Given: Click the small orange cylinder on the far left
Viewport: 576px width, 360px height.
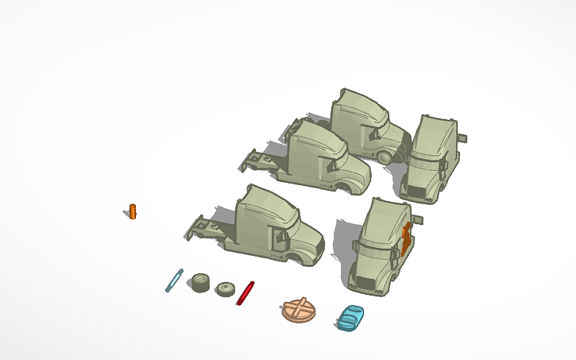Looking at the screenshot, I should [x=133, y=211].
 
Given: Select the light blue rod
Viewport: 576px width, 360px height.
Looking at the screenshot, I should [x=174, y=280].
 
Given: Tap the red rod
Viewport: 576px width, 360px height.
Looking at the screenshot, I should [x=245, y=292].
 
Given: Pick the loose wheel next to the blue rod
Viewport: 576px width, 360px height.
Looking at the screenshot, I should [x=200, y=284].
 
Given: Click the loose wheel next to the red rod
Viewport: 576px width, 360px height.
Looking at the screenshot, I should [x=226, y=289].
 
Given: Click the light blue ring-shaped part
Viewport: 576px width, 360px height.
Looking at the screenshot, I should [x=350, y=317].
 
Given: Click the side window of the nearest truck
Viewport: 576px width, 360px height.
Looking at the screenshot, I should [x=279, y=235].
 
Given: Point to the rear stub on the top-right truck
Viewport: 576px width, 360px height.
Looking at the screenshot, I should [x=462, y=137].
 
